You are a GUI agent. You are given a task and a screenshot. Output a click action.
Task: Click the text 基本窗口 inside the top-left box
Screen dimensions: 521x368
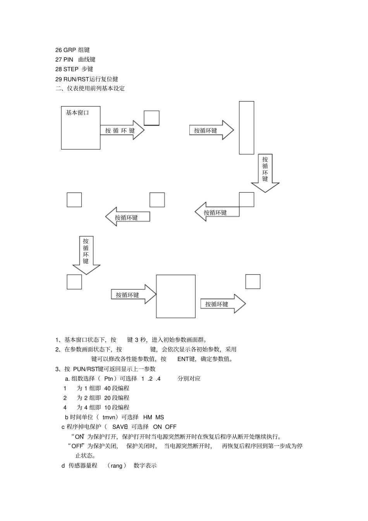[x=77, y=113]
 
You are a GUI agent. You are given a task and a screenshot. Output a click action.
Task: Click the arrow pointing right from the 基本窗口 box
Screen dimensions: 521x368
[x=122, y=131]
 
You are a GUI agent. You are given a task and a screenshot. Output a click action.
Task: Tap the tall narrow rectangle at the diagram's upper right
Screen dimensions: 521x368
[x=246, y=128]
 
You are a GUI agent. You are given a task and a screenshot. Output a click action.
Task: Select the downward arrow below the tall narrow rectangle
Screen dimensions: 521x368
[x=265, y=172]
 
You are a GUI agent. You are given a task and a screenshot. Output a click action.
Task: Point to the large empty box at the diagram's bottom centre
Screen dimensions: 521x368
[x=176, y=296]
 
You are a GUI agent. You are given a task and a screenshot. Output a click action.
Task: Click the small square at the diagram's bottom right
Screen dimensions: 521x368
[x=253, y=282]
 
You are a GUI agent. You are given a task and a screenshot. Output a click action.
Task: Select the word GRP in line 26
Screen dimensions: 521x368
[x=70, y=50]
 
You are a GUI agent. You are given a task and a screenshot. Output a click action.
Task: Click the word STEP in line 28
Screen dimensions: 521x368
[x=71, y=69]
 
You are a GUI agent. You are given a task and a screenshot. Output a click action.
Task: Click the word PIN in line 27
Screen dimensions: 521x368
[x=68, y=60]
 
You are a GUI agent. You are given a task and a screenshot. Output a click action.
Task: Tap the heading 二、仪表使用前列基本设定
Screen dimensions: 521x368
[x=90, y=88]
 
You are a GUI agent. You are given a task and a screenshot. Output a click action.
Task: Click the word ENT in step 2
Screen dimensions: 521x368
[x=183, y=359]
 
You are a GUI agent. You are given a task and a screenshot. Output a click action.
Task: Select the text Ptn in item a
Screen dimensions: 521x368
[x=108, y=378]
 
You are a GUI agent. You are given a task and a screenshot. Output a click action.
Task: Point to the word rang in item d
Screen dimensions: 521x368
[x=117, y=466]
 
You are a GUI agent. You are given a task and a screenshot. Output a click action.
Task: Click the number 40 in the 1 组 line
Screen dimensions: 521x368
[x=107, y=388]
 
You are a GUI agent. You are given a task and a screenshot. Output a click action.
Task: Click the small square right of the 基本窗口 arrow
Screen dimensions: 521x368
[x=151, y=118]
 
